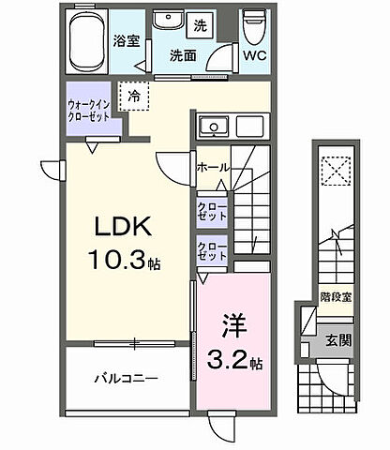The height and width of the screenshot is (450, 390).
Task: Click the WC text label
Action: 255,56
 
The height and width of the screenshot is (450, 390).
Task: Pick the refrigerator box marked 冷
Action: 136,96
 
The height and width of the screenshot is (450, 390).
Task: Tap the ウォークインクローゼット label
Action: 92,112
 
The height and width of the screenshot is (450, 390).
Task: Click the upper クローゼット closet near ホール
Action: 211,211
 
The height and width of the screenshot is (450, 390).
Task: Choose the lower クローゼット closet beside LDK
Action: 212,250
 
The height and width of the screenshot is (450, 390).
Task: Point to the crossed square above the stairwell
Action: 336,172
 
